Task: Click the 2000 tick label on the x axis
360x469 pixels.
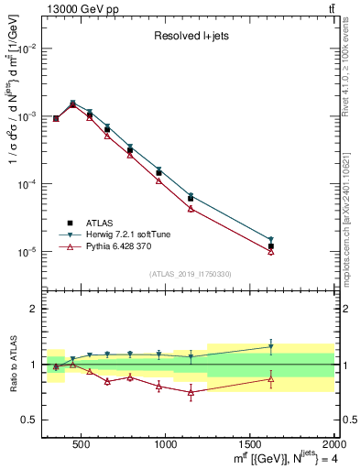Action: [333, 446]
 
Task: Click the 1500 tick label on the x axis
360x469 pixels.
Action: [249, 446]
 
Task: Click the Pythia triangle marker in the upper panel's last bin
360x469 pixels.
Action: [271, 251]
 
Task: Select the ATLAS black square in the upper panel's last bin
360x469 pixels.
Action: [271, 246]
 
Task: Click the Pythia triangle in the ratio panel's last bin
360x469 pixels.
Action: [271, 378]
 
